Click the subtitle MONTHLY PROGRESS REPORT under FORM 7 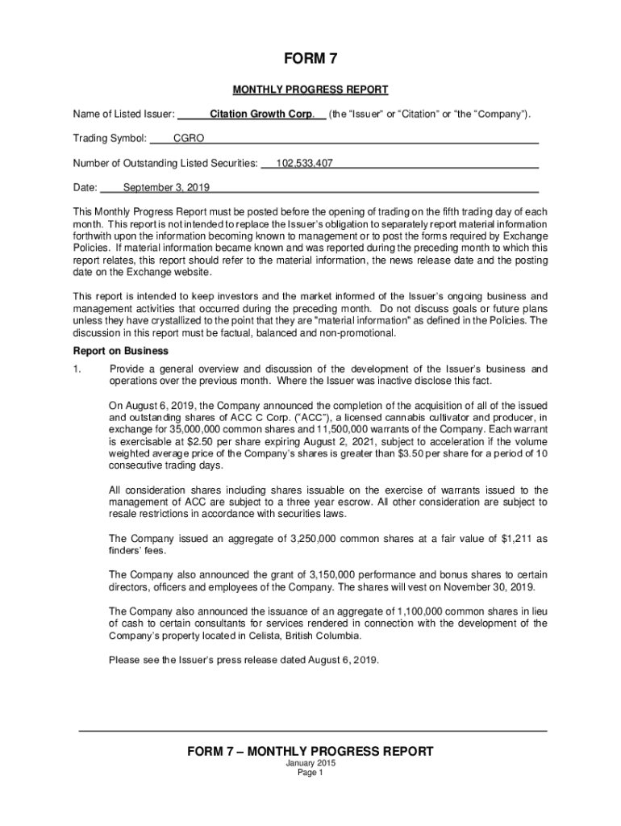pos(310,90)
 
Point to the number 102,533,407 pos(304,164)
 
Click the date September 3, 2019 pos(166,188)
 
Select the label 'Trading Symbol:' pos(110,139)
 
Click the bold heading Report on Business pos(121,351)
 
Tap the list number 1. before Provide pos(78,369)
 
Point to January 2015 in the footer pos(310,763)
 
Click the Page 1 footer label pos(310,773)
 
